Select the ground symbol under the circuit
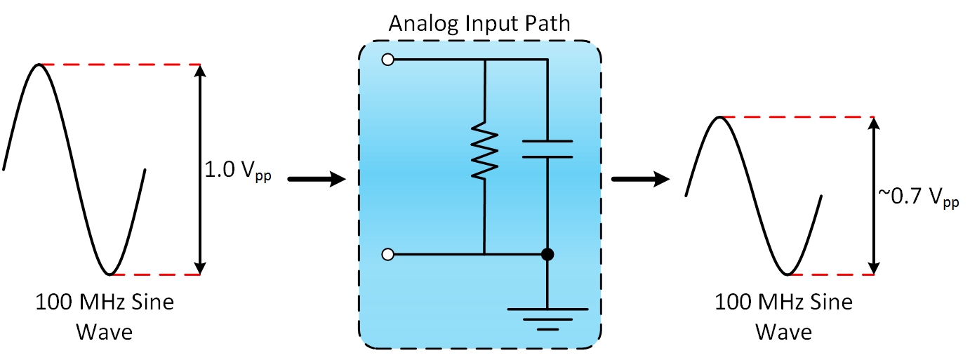click(547, 316)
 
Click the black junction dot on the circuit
click(547, 254)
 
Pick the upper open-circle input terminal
click(387, 60)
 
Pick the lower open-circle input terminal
click(387, 254)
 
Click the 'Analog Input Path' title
click(479, 24)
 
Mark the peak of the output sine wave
click(719, 117)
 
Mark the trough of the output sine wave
click(788, 273)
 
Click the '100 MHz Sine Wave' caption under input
click(105, 316)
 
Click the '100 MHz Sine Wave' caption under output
click(783, 316)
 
